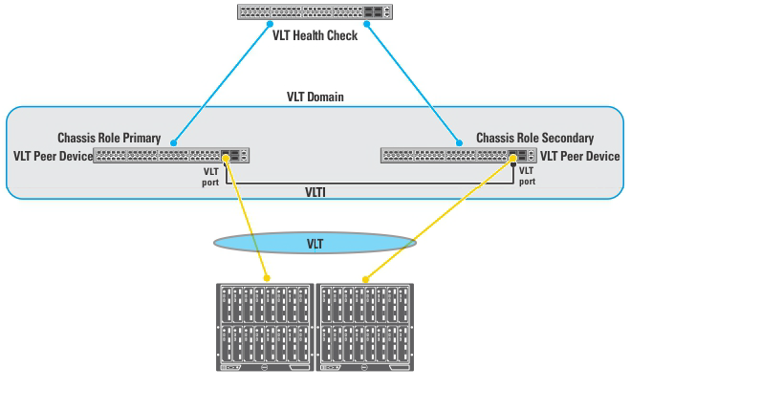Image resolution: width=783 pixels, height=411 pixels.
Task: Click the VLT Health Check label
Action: tap(315, 36)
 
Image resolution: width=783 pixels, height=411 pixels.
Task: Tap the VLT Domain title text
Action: tap(315, 97)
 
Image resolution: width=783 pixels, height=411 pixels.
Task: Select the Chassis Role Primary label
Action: tap(109, 139)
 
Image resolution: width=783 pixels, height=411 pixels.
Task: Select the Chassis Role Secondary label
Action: tap(534, 139)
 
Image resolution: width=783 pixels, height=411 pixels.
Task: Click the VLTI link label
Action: tap(315, 192)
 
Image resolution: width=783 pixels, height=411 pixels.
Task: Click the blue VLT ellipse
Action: tap(315, 244)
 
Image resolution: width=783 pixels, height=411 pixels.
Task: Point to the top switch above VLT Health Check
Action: tap(315, 12)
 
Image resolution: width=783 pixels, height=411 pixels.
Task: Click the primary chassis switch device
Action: tap(171, 155)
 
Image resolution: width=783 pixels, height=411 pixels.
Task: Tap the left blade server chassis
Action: tap(264, 327)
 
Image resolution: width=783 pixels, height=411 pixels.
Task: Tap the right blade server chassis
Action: tap(365, 327)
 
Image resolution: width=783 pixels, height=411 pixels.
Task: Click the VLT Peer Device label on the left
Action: tap(53, 156)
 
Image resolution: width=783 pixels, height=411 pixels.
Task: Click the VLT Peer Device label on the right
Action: tap(579, 156)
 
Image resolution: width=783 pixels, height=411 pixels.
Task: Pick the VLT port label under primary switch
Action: tap(210, 177)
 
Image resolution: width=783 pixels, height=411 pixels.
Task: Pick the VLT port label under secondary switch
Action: tap(527, 177)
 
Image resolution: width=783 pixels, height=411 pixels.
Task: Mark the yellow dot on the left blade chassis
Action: tap(266, 279)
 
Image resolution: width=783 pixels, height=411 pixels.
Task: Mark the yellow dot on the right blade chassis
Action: tap(364, 280)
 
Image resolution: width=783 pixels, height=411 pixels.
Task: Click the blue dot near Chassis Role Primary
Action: tap(174, 142)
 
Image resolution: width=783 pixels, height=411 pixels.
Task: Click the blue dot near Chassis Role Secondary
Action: tap(459, 142)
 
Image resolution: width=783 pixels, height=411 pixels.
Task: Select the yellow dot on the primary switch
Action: tap(226, 158)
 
